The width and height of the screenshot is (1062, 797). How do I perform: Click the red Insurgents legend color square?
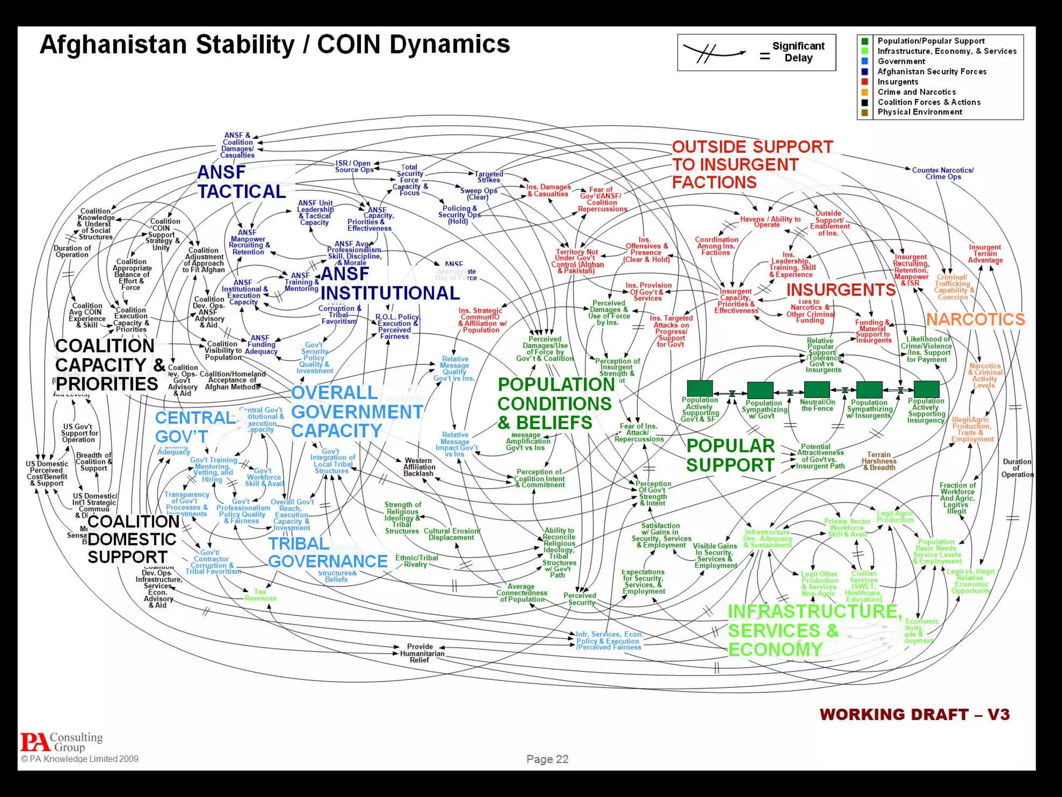click(864, 82)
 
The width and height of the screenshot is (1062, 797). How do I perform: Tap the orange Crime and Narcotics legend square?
click(864, 92)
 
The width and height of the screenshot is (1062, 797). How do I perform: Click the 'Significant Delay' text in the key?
click(798, 52)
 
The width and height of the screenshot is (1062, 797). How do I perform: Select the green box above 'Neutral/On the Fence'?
click(817, 389)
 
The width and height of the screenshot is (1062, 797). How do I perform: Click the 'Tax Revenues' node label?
click(260, 595)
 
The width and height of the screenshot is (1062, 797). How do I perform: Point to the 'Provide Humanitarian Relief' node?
click(420, 653)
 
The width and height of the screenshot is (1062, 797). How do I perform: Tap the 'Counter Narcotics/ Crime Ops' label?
click(943, 173)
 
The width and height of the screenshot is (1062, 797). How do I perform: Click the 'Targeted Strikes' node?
click(488, 177)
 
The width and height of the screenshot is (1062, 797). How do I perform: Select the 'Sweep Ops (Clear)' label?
click(478, 194)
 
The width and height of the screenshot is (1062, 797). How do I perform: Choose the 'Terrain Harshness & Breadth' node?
click(879, 461)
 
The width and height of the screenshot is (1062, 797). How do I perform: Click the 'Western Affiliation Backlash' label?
click(418, 467)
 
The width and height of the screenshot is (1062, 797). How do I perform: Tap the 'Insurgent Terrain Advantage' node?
click(985, 254)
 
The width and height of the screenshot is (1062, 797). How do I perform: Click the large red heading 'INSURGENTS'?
click(841, 290)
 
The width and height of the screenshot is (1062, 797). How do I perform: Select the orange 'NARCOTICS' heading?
click(975, 319)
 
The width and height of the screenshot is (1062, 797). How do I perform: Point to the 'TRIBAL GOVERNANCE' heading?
click(327, 552)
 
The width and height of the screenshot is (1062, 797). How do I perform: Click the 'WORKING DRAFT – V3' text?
click(914, 714)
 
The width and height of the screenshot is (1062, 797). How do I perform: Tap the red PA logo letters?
click(35, 742)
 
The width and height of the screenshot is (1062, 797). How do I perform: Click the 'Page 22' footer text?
click(547, 759)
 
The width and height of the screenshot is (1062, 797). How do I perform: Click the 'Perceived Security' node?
click(580, 599)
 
